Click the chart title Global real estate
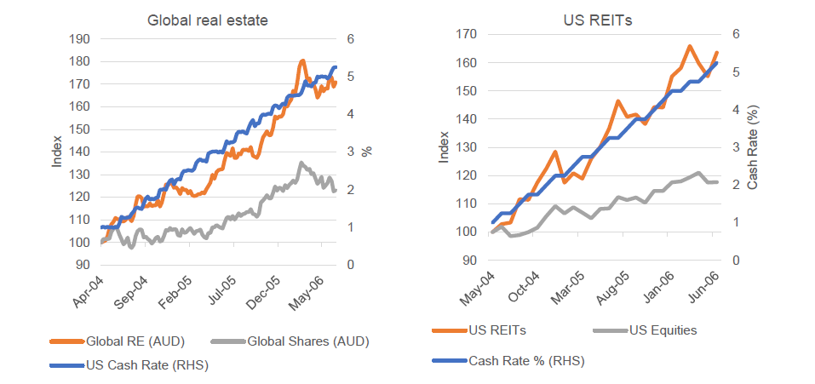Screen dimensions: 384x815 point(208,20)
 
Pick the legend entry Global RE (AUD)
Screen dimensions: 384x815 point(128,342)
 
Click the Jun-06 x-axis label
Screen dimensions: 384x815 point(701,289)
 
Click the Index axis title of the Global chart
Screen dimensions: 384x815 point(57,151)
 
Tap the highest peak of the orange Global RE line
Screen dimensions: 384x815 point(302,61)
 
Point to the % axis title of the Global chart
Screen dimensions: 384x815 point(366,151)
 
